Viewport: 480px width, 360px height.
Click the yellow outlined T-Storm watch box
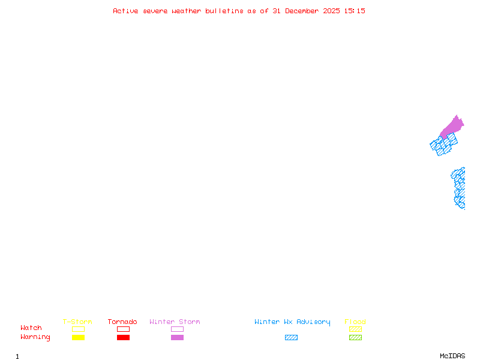click(78, 329)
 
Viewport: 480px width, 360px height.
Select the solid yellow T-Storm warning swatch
click(78, 337)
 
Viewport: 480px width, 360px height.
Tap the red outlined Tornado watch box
click(123, 329)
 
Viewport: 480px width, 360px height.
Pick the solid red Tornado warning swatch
click(123, 337)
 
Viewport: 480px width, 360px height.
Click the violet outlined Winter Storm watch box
click(177, 329)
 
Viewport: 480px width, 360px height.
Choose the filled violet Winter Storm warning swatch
click(177, 337)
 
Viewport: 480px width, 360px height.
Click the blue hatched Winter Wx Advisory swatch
click(291, 337)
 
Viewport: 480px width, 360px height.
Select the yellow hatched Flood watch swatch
click(355, 329)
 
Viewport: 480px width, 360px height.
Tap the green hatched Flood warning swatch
click(355, 337)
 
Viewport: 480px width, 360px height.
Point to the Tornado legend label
click(122, 322)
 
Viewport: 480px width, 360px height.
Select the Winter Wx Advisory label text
click(292, 322)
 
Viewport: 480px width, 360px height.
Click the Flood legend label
click(355, 322)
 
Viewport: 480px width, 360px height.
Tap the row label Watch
click(31, 328)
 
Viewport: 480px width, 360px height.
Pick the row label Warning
click(35, 337)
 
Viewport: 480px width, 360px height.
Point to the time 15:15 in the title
click(355, 11)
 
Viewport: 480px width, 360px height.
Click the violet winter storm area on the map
click(453, 127)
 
